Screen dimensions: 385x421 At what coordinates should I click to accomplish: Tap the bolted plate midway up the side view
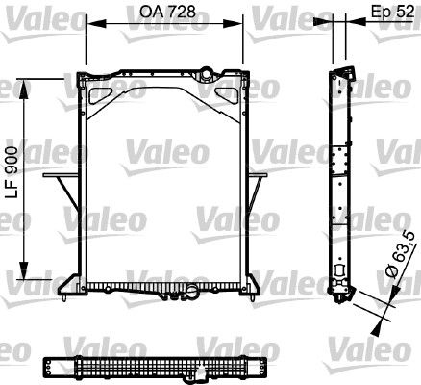338,168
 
